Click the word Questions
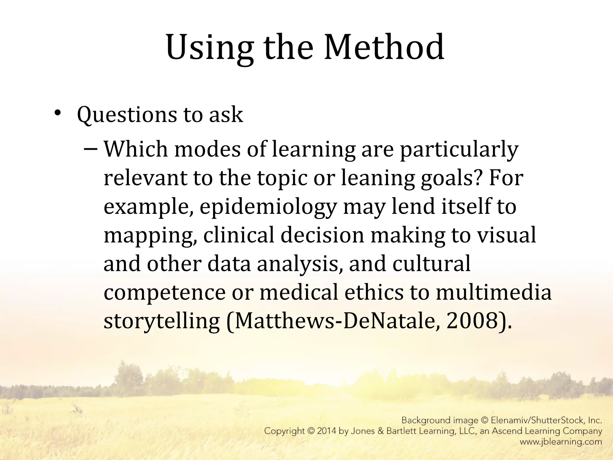(x=127, y=115)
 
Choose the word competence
(x=164, y=293)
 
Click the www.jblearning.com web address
(x=561, y=442)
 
